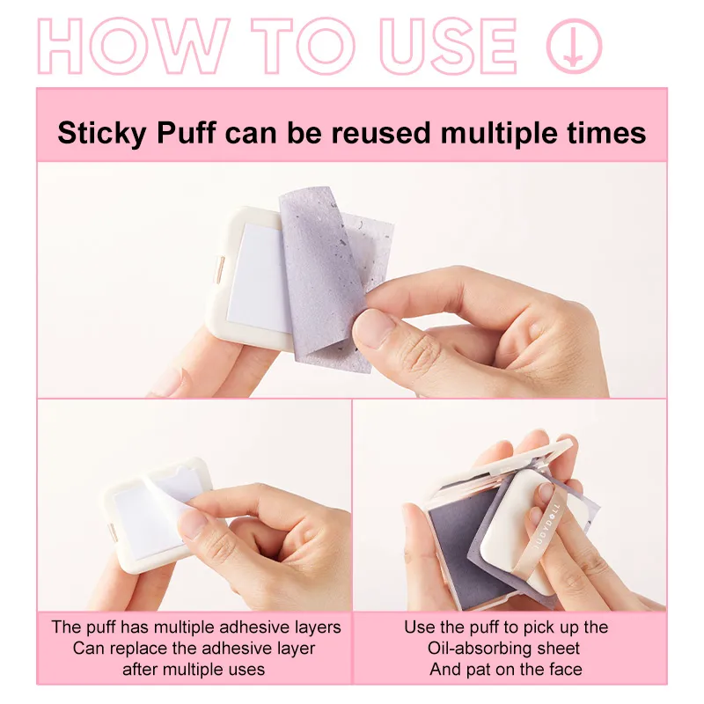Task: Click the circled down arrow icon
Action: coord(574,45)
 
